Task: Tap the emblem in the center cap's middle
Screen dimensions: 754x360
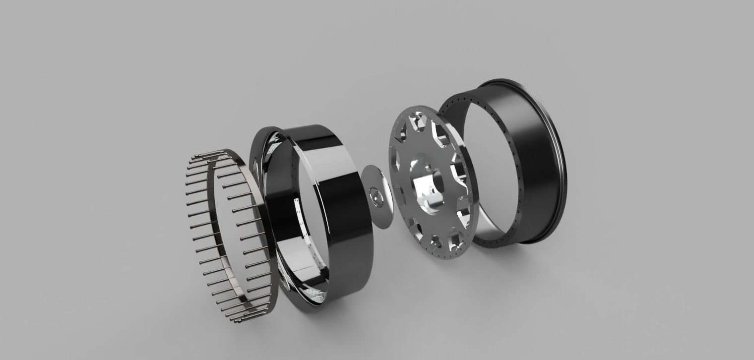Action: click(x=377, y=197)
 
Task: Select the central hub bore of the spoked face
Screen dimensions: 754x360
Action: click(x=435, y=179)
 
